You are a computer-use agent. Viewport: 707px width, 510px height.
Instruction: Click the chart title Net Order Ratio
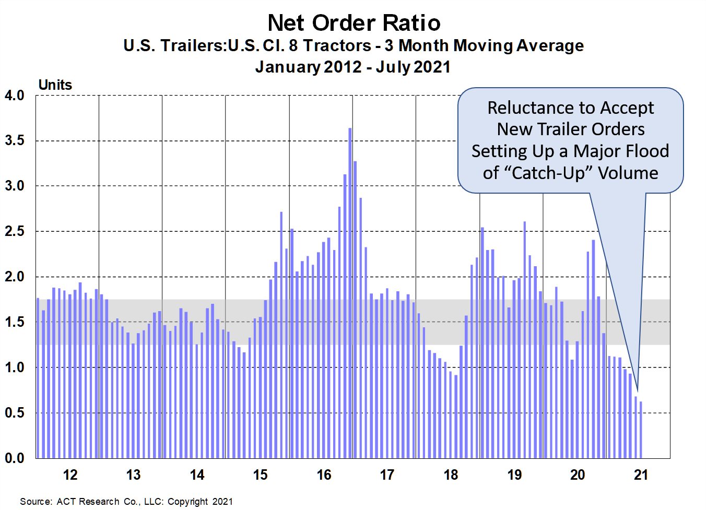pos(353,23)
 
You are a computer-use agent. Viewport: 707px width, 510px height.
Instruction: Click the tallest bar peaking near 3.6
pos(350,292)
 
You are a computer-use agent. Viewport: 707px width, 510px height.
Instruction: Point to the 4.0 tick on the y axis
pos(15,96)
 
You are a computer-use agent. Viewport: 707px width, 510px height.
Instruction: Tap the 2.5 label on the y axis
pos(15,231)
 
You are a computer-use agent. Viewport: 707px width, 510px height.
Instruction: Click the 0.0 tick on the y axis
pos(15,458)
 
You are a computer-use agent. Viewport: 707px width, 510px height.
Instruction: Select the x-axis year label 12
pos(70,475)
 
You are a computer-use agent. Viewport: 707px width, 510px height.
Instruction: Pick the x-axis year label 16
pos(324,475)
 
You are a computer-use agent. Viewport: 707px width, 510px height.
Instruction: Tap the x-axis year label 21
pos(641,475)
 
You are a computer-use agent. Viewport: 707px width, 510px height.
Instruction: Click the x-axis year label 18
pos(451,475)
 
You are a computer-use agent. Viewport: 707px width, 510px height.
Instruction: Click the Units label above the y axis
pos(55,85)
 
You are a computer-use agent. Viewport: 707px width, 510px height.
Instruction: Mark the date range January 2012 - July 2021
pos(353,67)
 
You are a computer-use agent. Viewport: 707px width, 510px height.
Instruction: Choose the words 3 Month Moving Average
pos(484,46)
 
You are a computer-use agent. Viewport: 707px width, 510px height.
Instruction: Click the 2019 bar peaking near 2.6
pos(525,339)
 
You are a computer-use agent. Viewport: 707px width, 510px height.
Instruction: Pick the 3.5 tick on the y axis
pos(15,141)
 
